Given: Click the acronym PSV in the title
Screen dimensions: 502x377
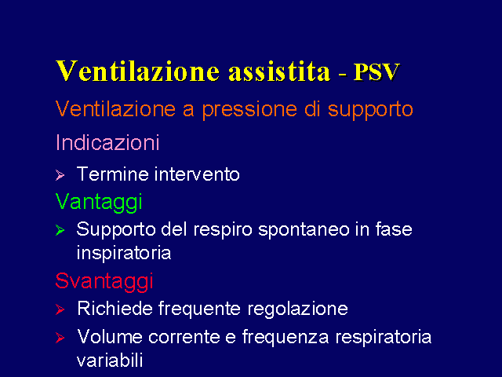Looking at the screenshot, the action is coord(377,71).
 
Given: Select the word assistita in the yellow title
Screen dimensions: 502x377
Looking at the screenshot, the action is coord(279,71).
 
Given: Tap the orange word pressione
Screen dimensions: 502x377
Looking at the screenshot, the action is coord(249,110).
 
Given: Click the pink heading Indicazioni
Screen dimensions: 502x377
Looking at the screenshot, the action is coord(107,142).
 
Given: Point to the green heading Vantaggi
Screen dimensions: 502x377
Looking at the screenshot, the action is coord(99,203).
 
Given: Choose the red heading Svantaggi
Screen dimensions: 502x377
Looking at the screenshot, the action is coord(104,282).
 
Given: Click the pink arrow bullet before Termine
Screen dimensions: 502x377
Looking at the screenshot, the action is coord(60,175).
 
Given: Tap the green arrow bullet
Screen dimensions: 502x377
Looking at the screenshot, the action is coord(60,230).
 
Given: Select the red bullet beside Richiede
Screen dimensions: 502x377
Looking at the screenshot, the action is coord(60,309).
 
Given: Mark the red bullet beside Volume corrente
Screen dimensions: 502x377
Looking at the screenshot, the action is coord(60,338).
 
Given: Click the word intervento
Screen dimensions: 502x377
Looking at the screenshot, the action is coord(197,174).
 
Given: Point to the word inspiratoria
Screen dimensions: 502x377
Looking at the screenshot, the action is coord(124,254).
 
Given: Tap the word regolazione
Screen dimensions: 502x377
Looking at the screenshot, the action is coord(297,309).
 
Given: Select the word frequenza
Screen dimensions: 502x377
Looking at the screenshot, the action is coord(286,338).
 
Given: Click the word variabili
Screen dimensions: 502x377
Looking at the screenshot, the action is coord(110,361).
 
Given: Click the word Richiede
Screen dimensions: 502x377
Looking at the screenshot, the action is coord(115,309).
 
